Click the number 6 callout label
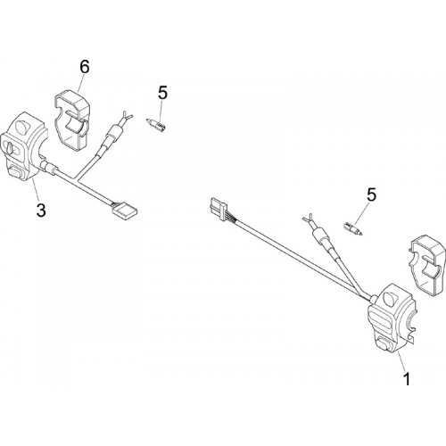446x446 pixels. click(85, 68)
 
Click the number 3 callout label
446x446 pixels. click(41, 210)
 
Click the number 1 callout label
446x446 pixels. click(406, 379)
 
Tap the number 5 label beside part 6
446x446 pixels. click(162, 93)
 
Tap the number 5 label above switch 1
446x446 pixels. click(371, 194)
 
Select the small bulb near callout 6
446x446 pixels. click(156, 125)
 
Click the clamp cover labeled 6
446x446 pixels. click(72, 120)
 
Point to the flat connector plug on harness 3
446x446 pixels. click(125, 211)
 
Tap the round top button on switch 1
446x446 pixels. click(388, 298)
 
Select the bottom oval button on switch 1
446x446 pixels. click(384, 345)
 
